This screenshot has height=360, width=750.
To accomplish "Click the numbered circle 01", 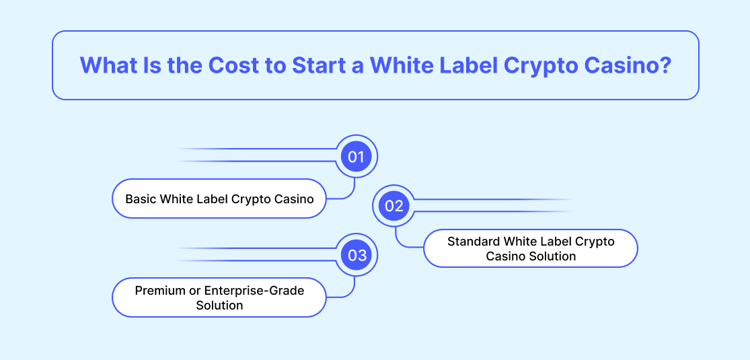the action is pyautogui.click(x=357, y=157).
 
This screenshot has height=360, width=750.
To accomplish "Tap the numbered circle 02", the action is pyautogui.click(x=393, y=206).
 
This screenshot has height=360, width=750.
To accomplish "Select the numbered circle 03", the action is pyautogui.click(x=357, y=255).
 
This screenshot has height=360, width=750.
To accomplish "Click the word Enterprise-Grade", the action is pyautogui.click(x=254, y=291).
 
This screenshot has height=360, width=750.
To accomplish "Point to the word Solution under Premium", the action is pyautogui.click(x=219, y=305).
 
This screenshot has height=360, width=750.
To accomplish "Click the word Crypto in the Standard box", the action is pyautogui.click(x=595, y=242).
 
